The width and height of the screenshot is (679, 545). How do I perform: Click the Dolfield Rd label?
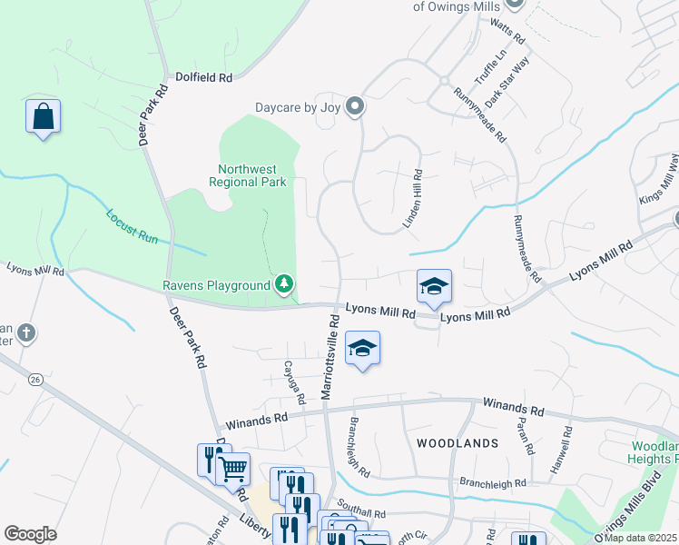coord(203,78)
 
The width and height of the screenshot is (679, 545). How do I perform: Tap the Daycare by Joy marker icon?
coord(355,107)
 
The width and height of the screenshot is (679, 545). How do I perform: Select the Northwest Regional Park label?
coord(252,175)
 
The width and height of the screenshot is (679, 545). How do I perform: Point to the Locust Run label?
coord(133,226)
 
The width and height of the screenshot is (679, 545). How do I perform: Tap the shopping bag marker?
coord(43,116)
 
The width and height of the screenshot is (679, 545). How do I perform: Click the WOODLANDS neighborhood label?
coord(458,443)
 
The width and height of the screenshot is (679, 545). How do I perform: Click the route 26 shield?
coord(35,378)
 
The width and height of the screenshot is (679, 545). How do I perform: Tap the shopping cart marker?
coord(234,470)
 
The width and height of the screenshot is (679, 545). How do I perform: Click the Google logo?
coord(30,534)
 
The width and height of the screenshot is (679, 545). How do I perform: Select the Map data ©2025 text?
coord(641,538)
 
